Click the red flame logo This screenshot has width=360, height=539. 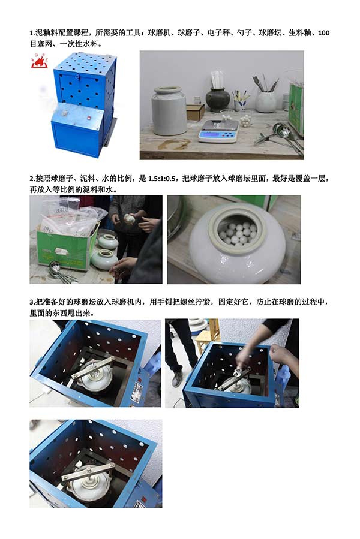coord(39,60)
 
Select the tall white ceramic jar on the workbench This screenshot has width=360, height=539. coord(169,111)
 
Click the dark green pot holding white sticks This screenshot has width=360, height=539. coord(218,100)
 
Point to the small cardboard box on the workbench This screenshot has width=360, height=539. coord(196,112)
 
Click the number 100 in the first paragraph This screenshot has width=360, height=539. coord(323,33)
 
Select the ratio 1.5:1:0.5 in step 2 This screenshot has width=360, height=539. coord(162,179)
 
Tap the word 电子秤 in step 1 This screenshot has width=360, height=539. coord(218,33)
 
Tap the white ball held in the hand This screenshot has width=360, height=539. coord(130,219)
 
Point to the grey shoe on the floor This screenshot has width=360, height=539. coord(177,378)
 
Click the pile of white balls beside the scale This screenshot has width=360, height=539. coord(245,121)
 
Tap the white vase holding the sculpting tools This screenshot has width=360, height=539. coord(265,101)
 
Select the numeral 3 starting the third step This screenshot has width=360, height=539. coord(31,303)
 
